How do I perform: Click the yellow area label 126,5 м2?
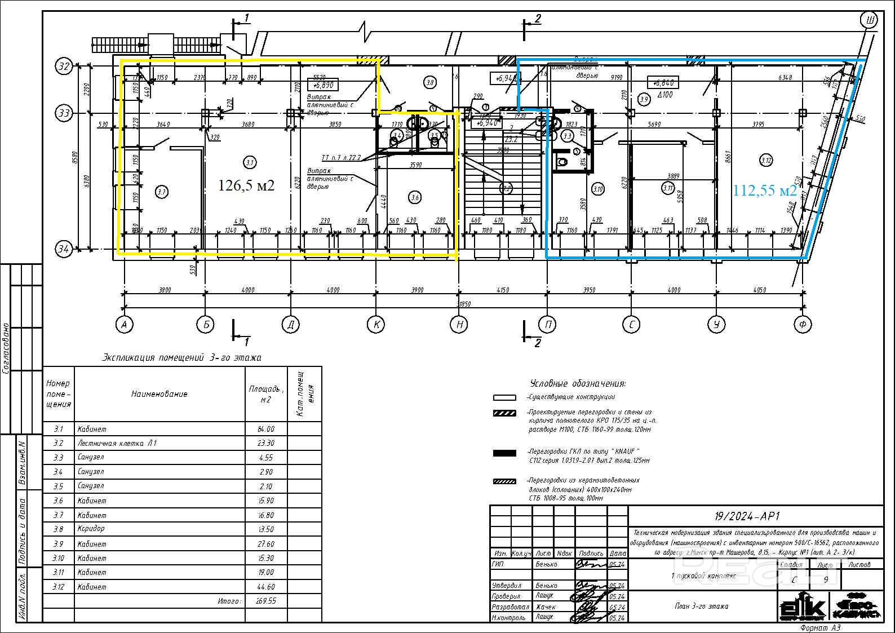pyautogui.click(x=246, y=185)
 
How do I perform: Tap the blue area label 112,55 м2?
pyautogui.click(x=765, y=191)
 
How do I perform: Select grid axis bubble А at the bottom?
pyautogui.click(x=124, y=325)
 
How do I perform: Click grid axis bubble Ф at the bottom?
pyautogui.click(x=802, y=325)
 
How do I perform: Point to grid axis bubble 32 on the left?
pyautogui.click(x=64, y=67)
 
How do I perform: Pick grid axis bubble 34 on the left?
pyautogui.click(x=64, y=249)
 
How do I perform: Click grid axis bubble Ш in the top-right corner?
pyautogui.click(x=870, y=21)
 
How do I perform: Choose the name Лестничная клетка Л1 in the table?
pyautogui.click(x=117, y=444)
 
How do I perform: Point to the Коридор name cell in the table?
pyautogui.click(x=91, y=529)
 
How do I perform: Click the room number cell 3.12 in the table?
pyautogui.click(x=59, y=587)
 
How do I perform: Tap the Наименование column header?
pyautogui.click(x=159, y=394)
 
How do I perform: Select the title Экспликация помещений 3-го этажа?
pyautogui.click(x=181, y=357)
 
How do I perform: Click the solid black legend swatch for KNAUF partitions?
pyautogui.click(x=504, y=453)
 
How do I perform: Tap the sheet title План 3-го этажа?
pyautogui.click(x=701, y=607)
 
